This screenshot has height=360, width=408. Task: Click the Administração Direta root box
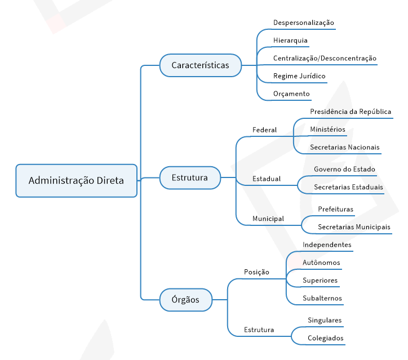pos(76,180)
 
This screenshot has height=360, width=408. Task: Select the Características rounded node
pos(201,65)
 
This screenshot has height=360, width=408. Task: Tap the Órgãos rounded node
pos(186,300)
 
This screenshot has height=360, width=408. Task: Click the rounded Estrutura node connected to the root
pos(190,177)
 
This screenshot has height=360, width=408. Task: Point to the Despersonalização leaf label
pos(303,23)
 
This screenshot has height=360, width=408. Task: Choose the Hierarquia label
pos(290,41)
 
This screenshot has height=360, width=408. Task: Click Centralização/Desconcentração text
pos(325,58)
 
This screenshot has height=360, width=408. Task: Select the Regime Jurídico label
pos(299,76)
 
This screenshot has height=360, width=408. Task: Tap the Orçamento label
pos(291,94)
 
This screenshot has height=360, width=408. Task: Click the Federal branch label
pos(264,130)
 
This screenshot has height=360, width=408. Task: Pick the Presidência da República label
pos(351,112)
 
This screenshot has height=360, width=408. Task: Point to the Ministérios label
pos(327,129)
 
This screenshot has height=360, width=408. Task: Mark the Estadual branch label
pos(267,179)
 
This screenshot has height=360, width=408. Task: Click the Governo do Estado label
pos(344,170)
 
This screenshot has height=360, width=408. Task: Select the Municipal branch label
pos(268,219)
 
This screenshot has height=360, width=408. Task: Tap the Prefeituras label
pos(336,209)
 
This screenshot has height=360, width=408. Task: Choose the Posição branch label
pos(256,272)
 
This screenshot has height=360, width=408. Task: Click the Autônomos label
pos(321,263)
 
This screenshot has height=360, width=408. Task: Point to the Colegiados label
pos(326,338)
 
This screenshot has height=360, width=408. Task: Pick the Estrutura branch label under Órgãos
pos(259,330)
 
